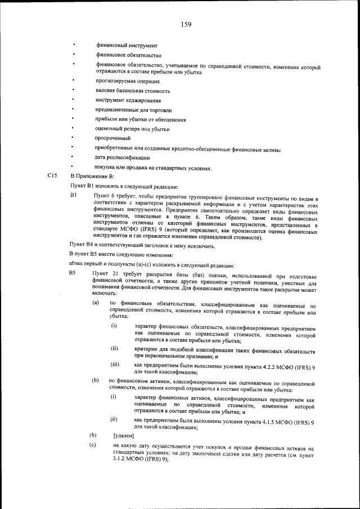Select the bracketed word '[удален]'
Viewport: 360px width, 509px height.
pyautogui.click(x=124, y=435)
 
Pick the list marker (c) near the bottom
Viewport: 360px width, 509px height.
pyautogui.click(x=93, y=445)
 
